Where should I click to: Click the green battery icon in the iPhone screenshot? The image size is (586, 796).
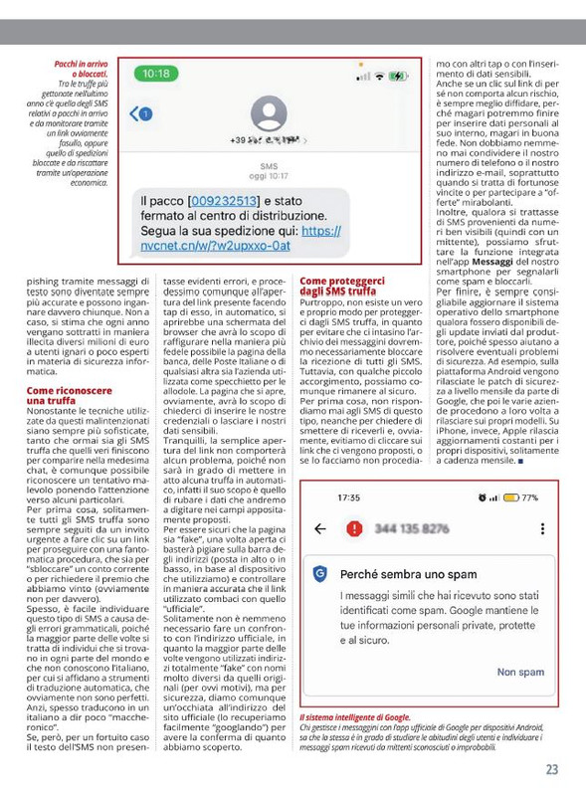click(x=398, y=76)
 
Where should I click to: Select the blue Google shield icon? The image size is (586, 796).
click(x=319, y=574)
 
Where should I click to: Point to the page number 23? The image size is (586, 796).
click(x=551, y=768)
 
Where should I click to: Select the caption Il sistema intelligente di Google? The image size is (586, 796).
click(x=354, y=716)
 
